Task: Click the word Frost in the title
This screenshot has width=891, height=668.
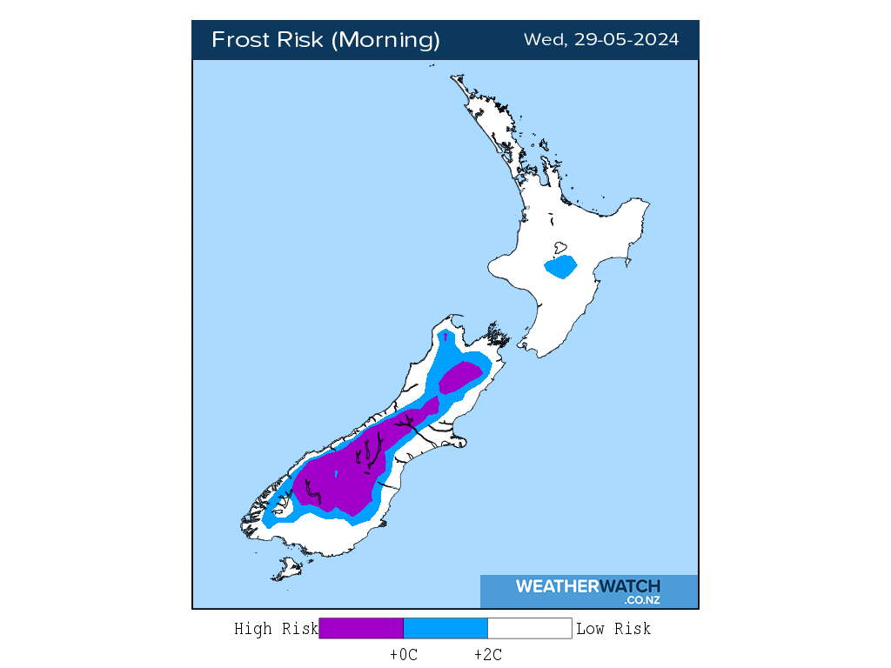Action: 239,40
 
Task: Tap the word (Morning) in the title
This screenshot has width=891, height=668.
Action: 387,40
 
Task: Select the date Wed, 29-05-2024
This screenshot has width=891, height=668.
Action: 601,40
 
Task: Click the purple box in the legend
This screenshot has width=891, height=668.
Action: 361,629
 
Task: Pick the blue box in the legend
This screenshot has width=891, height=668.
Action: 445,629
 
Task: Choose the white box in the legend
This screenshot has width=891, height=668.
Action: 529,629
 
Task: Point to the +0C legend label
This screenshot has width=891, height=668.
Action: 404,655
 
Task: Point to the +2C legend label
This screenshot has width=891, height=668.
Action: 487,655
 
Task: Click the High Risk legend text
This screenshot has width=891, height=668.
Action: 276,629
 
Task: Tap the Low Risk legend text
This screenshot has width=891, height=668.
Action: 613,629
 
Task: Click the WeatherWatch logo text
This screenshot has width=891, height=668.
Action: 587,586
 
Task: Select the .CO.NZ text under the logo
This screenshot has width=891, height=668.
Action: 641,600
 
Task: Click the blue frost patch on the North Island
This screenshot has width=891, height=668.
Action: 560,266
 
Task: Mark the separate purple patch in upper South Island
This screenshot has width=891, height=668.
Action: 460,377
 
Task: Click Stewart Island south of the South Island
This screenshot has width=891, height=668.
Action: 285,571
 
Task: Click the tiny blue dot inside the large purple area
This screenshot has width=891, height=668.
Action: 336,473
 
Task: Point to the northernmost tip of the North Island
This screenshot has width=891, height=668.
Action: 453,77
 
